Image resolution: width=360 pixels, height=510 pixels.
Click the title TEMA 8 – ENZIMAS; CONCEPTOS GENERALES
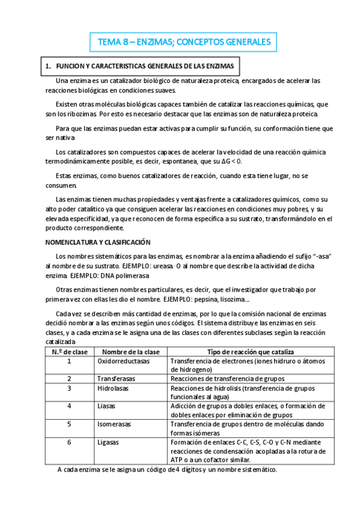[185, 42]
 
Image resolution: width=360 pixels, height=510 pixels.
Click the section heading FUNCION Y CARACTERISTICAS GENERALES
[144, 66]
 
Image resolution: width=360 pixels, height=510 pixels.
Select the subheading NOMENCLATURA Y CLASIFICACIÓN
[98, 242]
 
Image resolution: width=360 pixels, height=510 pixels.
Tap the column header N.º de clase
[69, 352]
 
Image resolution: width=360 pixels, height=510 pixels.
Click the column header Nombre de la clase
[130, 352]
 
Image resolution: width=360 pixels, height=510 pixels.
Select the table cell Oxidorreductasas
[123, 361]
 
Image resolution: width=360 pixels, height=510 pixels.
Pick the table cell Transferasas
[116, 379]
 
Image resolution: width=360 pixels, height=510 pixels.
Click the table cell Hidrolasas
[114, 388]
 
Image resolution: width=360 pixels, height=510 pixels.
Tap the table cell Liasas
[106, 406]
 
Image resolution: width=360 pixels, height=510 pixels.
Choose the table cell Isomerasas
[114, 424]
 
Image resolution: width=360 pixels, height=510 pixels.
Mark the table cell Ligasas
[108, 442]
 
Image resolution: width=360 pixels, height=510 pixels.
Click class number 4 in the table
[69, 406]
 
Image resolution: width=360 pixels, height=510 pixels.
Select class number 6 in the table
[69, 442]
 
